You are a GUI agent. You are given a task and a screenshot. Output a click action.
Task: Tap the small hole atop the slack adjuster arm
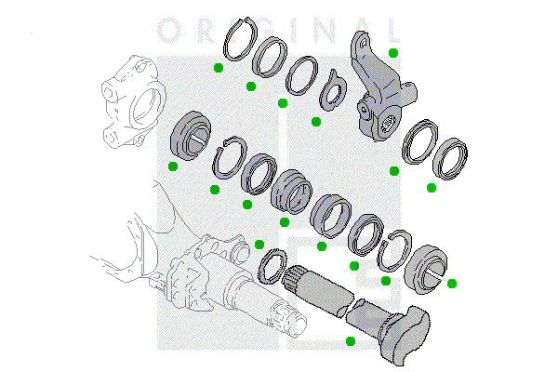click(x=361, y=40)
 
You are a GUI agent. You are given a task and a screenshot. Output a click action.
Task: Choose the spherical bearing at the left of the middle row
click(x=193, y=133)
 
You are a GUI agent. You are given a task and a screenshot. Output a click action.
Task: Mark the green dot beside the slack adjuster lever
click(x=393, y=52)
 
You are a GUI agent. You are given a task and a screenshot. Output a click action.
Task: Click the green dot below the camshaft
click(x=350, y=341)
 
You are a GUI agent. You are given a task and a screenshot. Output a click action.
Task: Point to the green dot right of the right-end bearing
click(x=452, y=283)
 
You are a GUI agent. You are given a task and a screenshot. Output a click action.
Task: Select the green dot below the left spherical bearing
click(x=173, y=166)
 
